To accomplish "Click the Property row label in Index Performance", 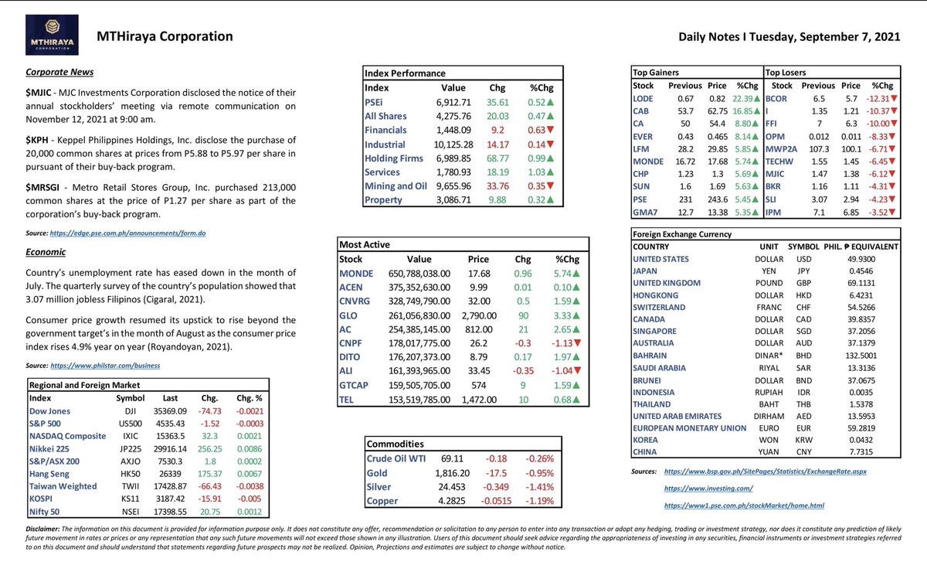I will (385, 200).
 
